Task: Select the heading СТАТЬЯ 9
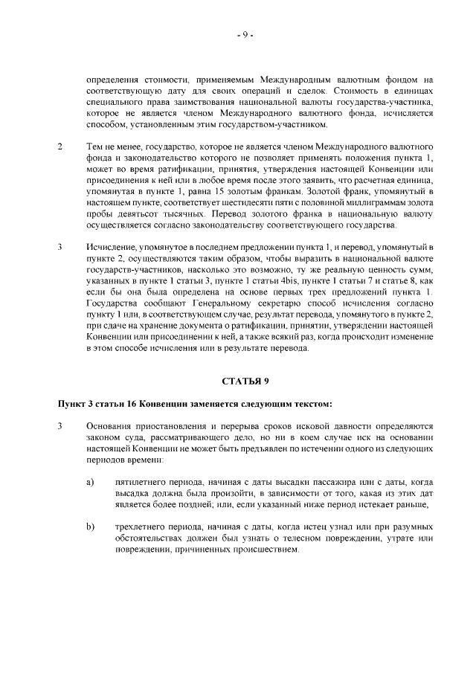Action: (x=245, y=381)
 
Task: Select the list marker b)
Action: (x=90, y=527)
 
